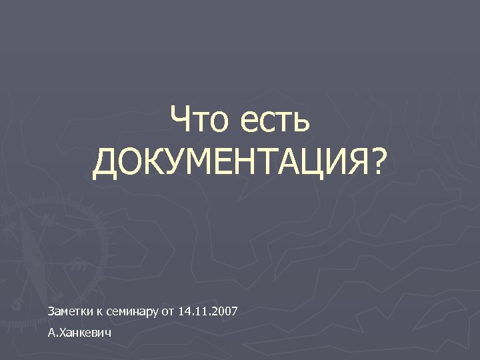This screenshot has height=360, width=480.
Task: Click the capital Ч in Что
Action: point(181,121)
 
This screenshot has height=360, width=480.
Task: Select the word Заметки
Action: point(70,311)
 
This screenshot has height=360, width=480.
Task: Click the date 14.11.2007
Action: point(209,311)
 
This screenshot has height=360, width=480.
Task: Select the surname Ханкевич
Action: point(85,331)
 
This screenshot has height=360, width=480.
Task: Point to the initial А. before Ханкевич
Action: point(53,331)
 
